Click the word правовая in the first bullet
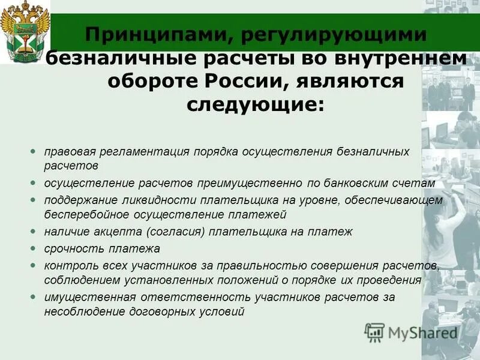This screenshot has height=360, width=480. [68, 152]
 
